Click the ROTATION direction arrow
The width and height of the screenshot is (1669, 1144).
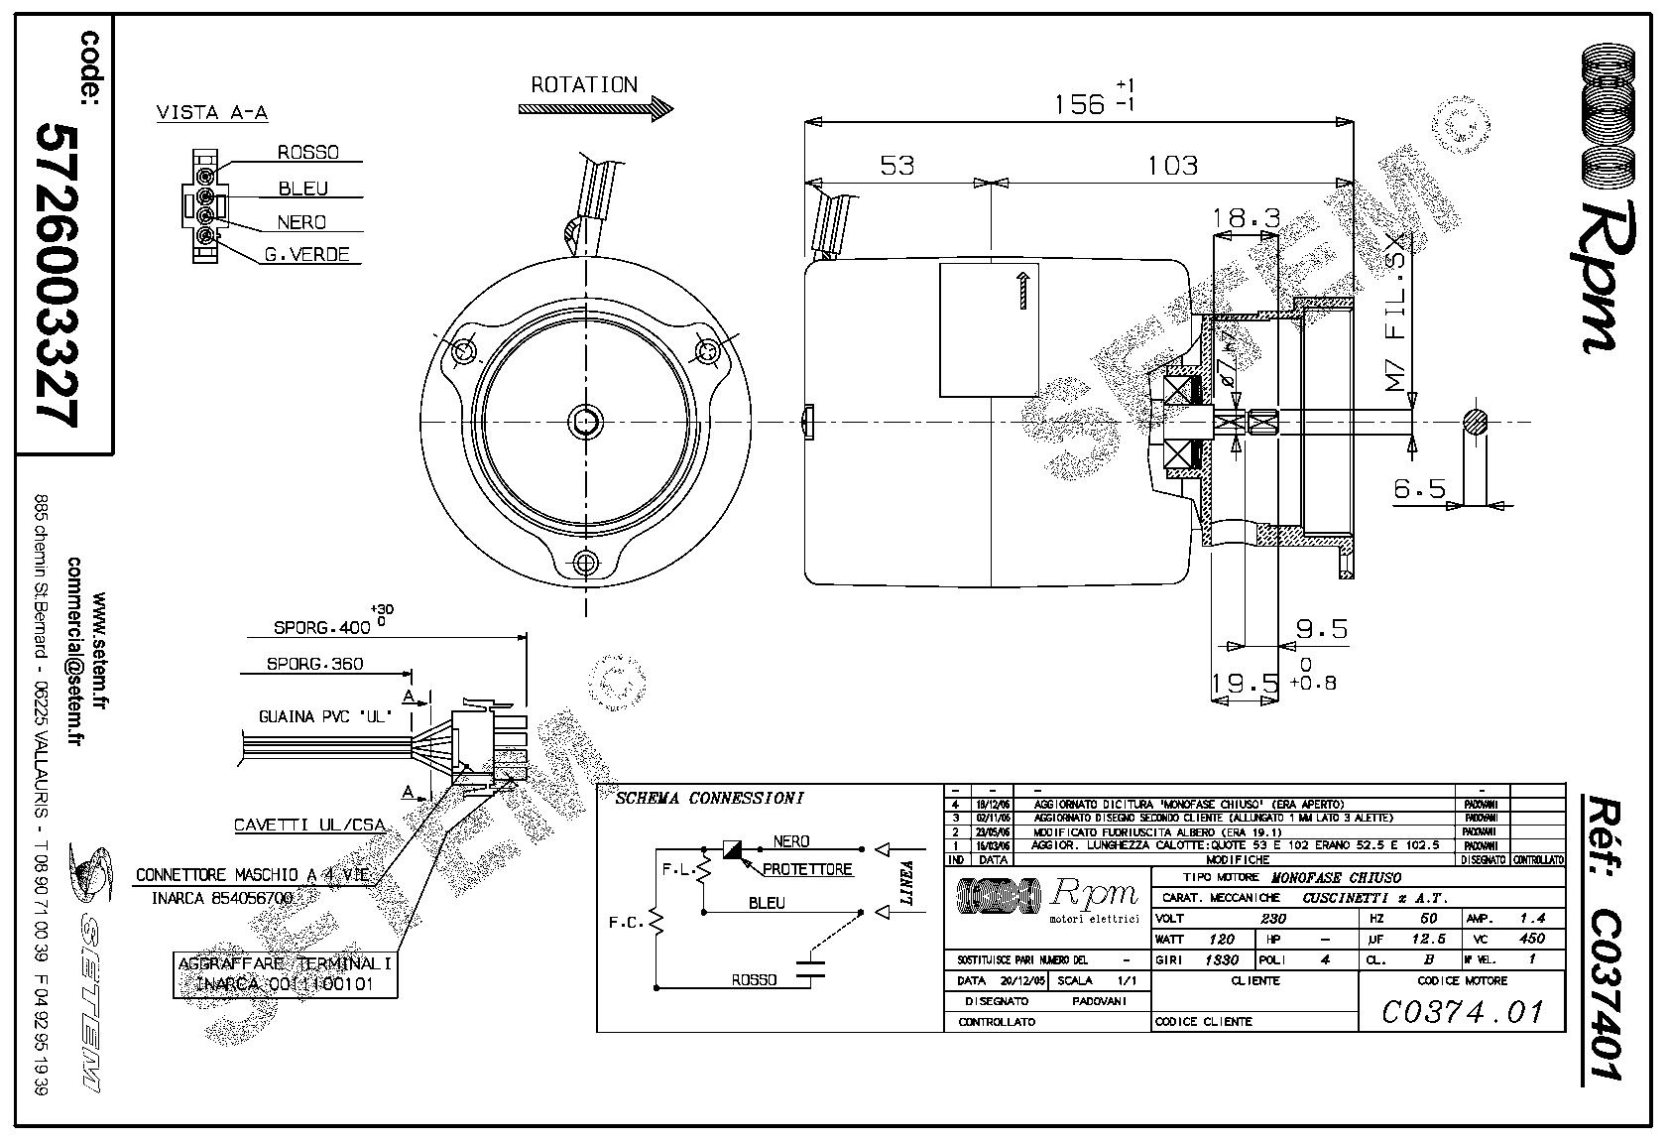click(x=595, y=109)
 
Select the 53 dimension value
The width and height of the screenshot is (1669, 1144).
click(x=896, y=165)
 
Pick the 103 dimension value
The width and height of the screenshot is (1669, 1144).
click(x=1172, y=165)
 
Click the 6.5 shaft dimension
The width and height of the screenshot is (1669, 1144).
click(x=1419, y=488)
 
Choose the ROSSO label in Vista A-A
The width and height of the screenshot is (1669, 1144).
click(x=307, y=153)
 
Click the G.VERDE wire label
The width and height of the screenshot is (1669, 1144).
click(x=306, y=255)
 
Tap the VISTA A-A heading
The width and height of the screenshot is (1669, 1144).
click(x=212, y=113)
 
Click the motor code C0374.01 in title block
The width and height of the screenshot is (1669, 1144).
click(x=1463, y=1011)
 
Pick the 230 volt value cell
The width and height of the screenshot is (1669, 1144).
click(x=1272, y=919)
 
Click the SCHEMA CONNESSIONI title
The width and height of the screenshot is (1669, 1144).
click(x=709, y=799)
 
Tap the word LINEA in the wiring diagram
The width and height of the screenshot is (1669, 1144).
click(x=905, y=882)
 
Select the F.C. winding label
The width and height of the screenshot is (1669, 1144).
click(x=627, y=923)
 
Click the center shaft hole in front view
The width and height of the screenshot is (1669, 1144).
click(x=585, y=421)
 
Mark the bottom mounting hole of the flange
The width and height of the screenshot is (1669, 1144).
click(x=585, y=564)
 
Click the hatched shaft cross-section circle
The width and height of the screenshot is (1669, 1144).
click(x=1477, y=422)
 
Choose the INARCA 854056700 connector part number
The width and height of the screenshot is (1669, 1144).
click(x=222, y=898)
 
